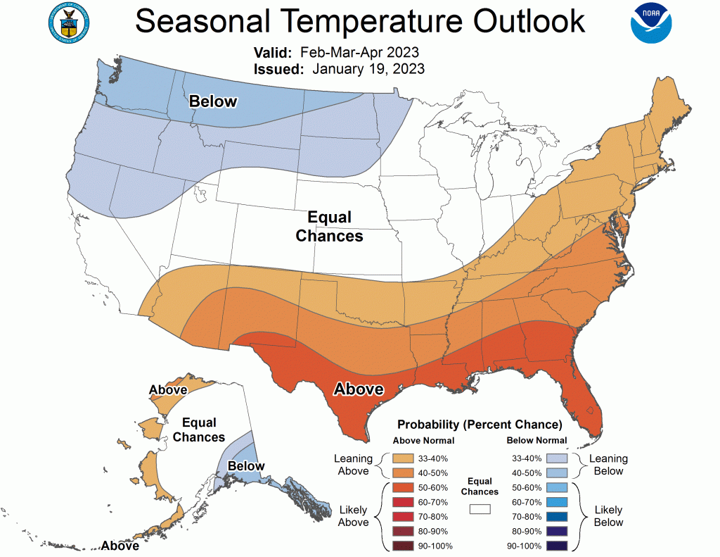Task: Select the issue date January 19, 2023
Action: tap(368, 69)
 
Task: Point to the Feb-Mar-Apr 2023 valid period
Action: tap(359, 53)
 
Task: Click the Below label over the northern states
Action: tap(213, 101)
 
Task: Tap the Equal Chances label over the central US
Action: tap(329, 227)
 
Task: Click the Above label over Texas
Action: tap(358, 389)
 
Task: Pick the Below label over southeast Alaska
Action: tap(246, 465)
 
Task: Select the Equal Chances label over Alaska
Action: tap(199, 430)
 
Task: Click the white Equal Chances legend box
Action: tap(480, 508)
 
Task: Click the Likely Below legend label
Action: tap(608, 515)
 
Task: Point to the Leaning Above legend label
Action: tap(353, 465)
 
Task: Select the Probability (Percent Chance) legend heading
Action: tap(480, 425)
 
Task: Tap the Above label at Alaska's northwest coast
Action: tap(168, 389)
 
